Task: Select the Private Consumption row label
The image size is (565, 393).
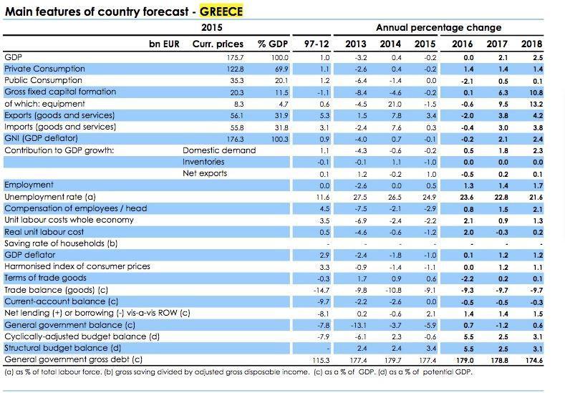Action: click(x=44, y=69)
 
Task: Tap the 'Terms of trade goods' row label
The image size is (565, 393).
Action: click(x=46, y=278)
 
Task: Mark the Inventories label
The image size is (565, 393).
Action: click(x=204, y=162)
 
